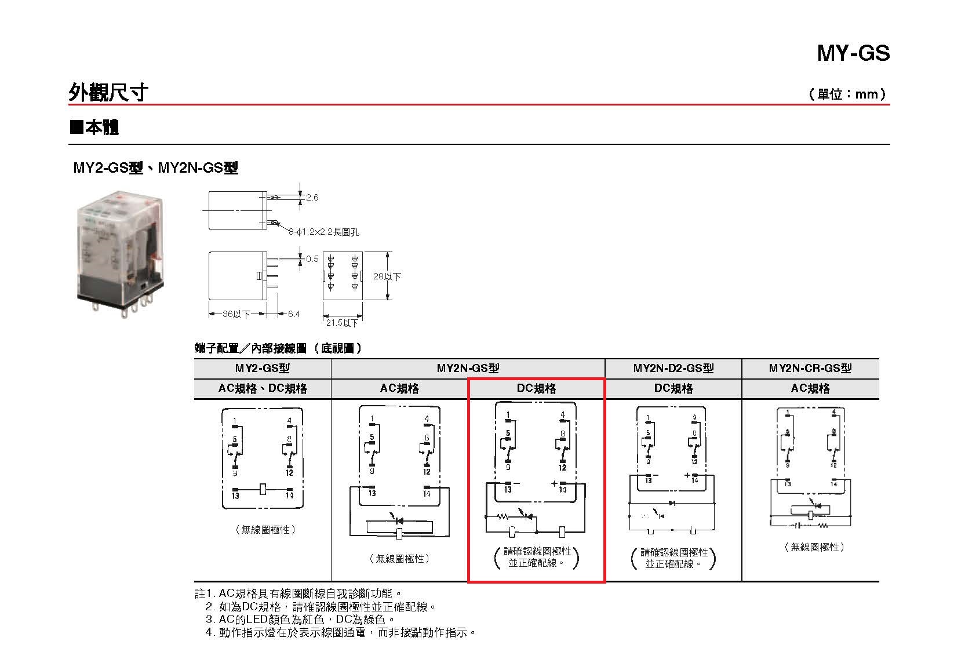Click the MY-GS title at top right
pos(853,53)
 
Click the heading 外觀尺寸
pos(108,92)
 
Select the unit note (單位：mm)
pos(847,94)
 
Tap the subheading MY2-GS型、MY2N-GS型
pos(155,168)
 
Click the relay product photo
pos(121,255)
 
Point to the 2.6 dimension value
pos(312,198)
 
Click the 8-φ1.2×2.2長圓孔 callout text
pos(324,232)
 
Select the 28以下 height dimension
pos(387,276)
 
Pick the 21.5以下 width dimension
pos(342,322)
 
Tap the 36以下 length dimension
pos(236,314)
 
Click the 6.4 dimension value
pos(294,314)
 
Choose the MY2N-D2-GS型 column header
pos(673,369)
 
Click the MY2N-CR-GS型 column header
pos(810,369)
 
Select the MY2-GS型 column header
pos(262,369)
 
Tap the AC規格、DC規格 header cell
pos(262,388)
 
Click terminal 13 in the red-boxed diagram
pos(508,489)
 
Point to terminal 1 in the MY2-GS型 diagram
pos(235,421)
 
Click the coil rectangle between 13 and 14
pos(263,489)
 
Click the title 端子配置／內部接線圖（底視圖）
pos(278,348)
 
